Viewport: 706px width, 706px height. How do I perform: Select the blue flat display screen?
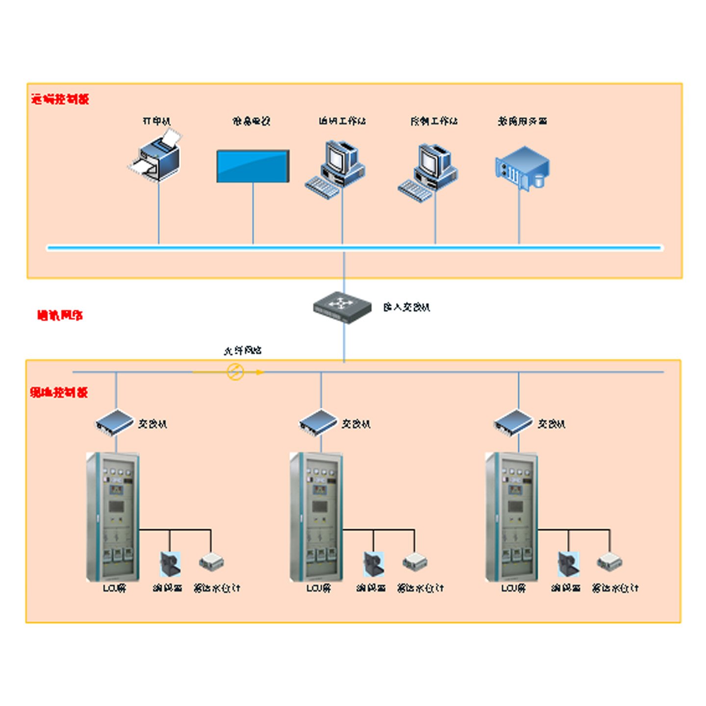click(x=253, y=166)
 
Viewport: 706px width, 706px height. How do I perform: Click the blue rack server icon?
click(x=522, y=168)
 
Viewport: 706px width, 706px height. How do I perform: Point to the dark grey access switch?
click(x=342, y=307)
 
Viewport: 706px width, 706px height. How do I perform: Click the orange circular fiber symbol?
click(x=235, y=372)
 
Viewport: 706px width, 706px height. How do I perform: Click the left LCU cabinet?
click(x=113, y=517)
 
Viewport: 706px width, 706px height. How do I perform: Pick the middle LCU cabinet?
click(x=317, y=517)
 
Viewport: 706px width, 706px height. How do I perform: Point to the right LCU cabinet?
click(x=512, y=517)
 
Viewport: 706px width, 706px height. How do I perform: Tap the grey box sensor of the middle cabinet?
click(x=415, y=562)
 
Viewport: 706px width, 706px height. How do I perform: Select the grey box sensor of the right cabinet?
click(x=610, y=562)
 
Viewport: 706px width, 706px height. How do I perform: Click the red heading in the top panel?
click(x=60, y=99)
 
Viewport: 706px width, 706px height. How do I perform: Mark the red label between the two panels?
click(x=60, y=315)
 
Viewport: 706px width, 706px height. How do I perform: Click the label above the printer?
click(x=156, y=121)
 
